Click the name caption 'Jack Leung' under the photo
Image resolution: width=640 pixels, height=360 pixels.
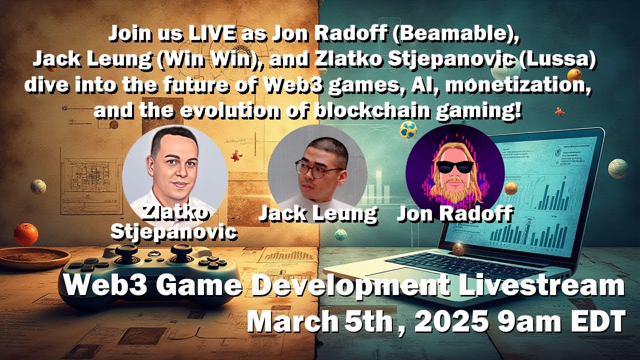click(317, 213)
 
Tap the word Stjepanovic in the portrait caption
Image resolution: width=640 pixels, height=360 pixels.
click(174, 232)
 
